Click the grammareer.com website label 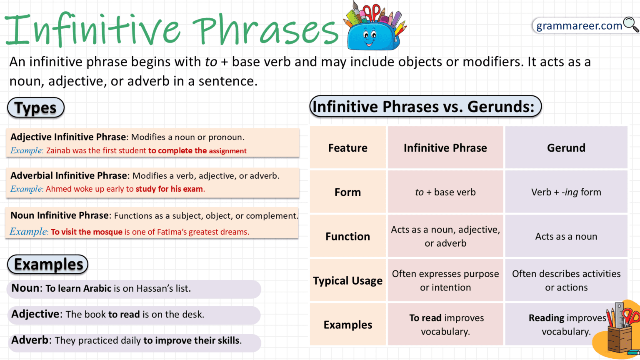[x=579, y=26]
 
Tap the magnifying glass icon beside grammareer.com [x=631, y=25]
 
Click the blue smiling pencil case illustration [x=373, y=31]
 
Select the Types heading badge [x=36, y=108]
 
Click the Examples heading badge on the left [x=48, y=265]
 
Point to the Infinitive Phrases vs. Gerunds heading [x=425, y=107]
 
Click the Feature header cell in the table [x=347, y=148]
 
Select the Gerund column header [x=566, y=148]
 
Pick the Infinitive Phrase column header [x=445, y=148]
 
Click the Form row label [x=347, y=192]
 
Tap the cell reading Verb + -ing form [x=566, y=192]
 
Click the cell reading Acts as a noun [x=566, y=236]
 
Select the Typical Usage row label [x=347, y=280]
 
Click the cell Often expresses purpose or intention [x=445, y=280]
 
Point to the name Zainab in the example [x=58, y=151]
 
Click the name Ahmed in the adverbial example [x=59, y=189]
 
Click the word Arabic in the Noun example [x=97, y=288]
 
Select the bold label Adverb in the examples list [x=30, y=340]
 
